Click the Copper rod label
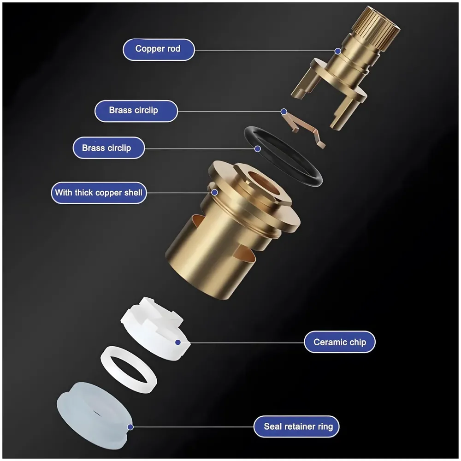tap(158, 49)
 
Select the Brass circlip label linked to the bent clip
tap(136, 111)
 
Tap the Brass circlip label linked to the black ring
tap(109, 148)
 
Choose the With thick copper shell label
tap(99, 192)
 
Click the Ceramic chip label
tap(339, 342)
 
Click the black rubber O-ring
tap(313, 173)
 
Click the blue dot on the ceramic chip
tap(178, 342)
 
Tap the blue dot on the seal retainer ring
tap(130, 427)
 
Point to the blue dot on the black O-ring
tap(258, 148)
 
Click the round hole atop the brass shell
tap(263, 182)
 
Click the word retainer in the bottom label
tap(301, 426)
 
